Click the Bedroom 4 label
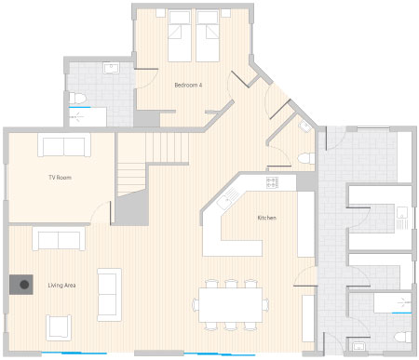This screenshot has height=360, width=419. pos(188,85)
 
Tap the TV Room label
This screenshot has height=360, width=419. pos(60,178)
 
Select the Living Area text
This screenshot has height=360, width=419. pos(61,286)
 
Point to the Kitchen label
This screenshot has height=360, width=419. pos(267,218)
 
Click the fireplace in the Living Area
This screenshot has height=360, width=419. pos(21,285)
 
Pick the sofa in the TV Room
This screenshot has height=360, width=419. pos(64,145)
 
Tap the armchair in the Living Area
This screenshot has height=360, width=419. pos(59,327)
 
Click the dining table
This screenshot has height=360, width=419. pos(230,305)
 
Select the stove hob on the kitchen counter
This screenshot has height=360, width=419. pos(272,182)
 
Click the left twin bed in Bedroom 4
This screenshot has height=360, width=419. pos(180,35)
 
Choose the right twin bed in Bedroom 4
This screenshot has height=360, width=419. pos(208,35)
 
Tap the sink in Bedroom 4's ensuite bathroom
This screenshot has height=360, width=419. pos(111,68)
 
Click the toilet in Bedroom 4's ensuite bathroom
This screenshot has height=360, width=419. pos(77,99)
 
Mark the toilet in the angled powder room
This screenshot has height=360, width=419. pos(306,158)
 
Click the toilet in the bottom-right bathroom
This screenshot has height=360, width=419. pos(404,337)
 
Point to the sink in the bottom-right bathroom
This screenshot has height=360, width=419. pos(360,346)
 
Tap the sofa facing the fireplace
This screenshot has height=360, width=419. pos(109,295)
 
